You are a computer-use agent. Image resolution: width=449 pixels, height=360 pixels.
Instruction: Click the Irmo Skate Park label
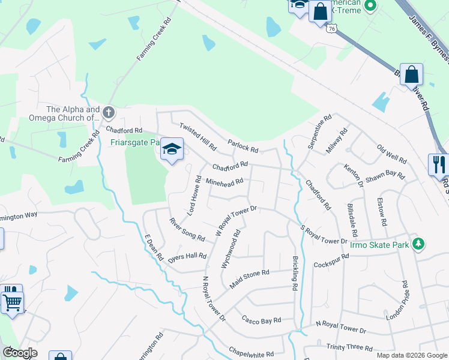pos(379,244)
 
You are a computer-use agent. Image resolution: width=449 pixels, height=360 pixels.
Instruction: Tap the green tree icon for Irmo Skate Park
pos(419,244)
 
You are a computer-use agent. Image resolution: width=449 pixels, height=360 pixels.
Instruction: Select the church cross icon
pos(109,112)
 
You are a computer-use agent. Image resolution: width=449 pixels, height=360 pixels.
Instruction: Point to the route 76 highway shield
pos(332,28)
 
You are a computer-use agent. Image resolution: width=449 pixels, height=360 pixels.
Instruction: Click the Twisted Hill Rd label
pos(197,136)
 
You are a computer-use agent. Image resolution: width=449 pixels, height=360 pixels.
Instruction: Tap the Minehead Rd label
pos(224,181)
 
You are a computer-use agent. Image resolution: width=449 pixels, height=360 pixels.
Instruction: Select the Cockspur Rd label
pos(331,264)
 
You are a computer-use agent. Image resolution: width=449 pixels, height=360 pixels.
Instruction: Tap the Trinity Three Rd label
pos(350,347)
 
